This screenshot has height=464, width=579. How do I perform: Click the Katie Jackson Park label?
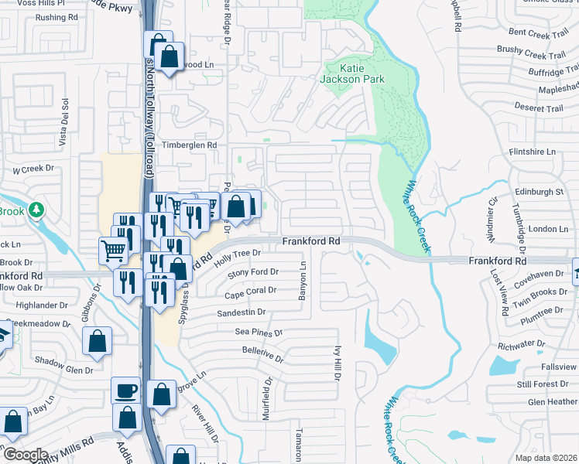click(352, 73)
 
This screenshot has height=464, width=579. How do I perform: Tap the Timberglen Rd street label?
click(189, 145)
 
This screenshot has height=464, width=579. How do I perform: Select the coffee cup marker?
click(125, 391)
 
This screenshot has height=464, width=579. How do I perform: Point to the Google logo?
click(25, 455)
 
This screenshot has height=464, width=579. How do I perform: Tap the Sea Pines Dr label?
click(255, 332)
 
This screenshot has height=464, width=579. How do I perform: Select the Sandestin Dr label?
click(241, 312)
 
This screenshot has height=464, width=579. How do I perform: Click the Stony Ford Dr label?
click(252, 271)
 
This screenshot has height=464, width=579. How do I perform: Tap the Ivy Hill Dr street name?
click(337, 365)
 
